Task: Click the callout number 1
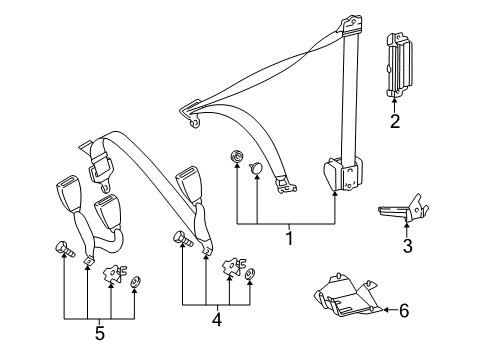click(x=290, y=238)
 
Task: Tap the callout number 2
click(x=395, y=121)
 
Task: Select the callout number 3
click(x=408, y=246)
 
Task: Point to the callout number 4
click(x=217, y=319)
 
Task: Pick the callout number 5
click(x=100, y=333)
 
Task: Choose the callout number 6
click(x=404, y=310)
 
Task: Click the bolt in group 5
click(x=64, y=249)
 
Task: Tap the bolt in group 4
click(x=183, y=239)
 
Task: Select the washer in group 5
click(x=135, y=282)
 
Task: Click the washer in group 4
click(x=250, y=274)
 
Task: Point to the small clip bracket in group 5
click(x=114, y=274)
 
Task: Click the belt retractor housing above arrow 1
click(x=342, y=175)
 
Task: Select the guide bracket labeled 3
click(x=403, y=208)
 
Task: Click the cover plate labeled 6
click(x=348, y=296)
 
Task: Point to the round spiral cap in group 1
click(x=237, y=156)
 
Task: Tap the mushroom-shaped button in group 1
click(x=256, y=168)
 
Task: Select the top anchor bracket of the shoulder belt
click(x=350, y=25)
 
